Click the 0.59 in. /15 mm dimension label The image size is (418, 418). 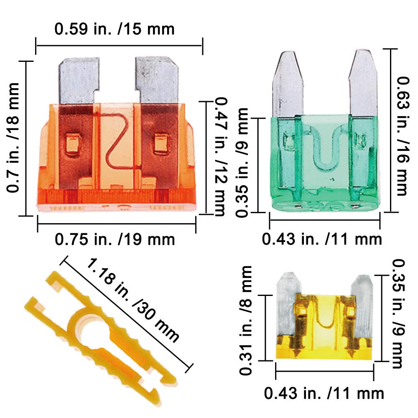pos(115,29)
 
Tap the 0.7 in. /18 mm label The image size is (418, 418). pos(13,138)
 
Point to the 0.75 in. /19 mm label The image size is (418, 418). pos(115,239)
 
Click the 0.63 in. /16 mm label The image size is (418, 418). pos(403,136)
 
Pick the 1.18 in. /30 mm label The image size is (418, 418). pos(133,300)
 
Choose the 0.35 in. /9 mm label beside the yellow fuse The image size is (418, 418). pos(398,314)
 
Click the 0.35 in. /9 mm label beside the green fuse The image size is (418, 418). pos(242,163)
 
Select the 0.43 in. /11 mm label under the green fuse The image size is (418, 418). pos(322,239)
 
